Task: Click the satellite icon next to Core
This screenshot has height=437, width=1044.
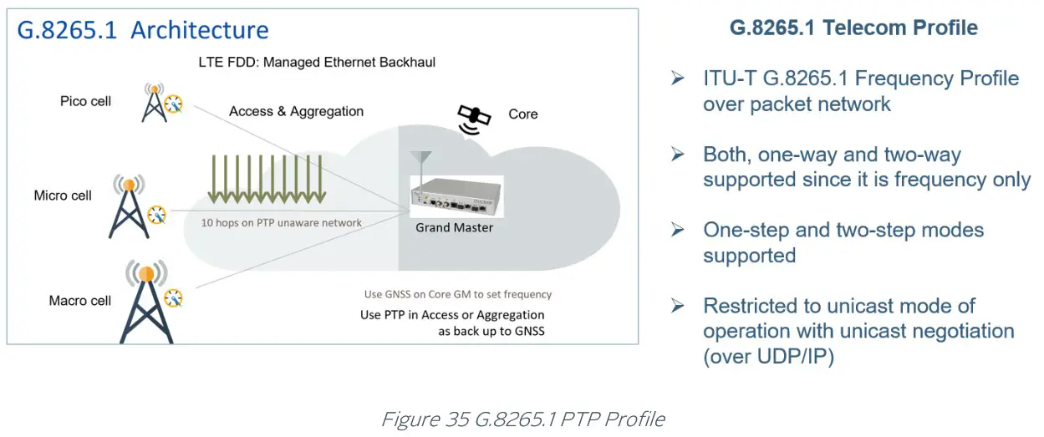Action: pos(474,119)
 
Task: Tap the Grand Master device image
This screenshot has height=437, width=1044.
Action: pos(456,196)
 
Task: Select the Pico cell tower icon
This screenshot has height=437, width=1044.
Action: pos(155,103)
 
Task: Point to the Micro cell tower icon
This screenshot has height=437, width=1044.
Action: pos(129,206)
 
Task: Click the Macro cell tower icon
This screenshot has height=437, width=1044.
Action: pos(146,302)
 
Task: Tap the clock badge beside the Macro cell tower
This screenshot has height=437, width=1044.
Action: pos(173,298)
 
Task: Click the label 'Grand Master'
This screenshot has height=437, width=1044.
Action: pos(454,227)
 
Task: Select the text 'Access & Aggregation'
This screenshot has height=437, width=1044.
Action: pos(296,111)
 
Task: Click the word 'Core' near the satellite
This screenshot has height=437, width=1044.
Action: pos(523,114)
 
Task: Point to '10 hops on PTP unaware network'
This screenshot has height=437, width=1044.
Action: pos(281,223)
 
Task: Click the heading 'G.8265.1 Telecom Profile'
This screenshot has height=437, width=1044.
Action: pos(853,28)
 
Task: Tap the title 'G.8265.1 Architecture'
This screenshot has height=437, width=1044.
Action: pos(143,30)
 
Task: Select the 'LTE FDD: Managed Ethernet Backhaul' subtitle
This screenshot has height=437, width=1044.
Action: pos(317,63)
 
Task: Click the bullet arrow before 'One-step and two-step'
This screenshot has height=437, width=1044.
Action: pos(678,230)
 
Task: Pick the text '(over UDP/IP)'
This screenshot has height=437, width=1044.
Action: pos(768,357)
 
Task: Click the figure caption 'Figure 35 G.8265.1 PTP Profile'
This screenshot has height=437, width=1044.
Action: pos(523,419)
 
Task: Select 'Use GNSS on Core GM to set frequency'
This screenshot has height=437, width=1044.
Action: pos(458,294)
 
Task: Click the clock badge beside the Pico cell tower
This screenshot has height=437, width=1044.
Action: pos(173,104)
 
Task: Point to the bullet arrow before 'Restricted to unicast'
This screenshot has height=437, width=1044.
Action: pos(678,306)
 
